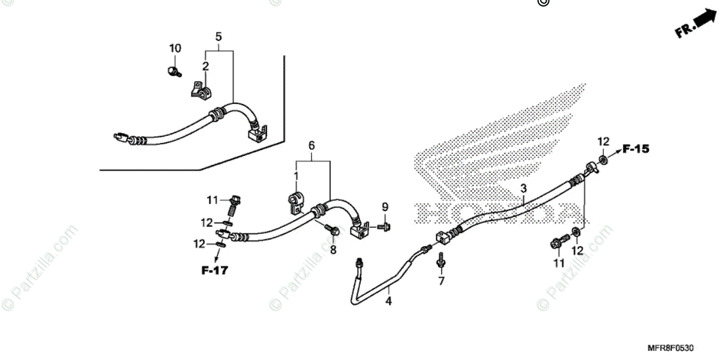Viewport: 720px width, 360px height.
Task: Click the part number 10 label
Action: coord(175,48)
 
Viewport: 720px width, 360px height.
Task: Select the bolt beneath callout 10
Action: coord(173,72)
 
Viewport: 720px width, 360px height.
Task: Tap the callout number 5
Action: coord(219,37)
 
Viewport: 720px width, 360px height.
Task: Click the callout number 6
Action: coord(312,146)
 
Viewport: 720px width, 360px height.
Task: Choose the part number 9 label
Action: coord(385,208)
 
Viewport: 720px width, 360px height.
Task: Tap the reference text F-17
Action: coord(214,271)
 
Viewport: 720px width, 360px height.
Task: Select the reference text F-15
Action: coord(635,149)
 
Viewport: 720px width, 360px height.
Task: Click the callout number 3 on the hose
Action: coord(523,188)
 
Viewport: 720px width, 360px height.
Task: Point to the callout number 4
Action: coord(388,301)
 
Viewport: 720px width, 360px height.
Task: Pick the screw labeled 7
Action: coord(440,260)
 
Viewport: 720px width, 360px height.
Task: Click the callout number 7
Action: coord(441,281)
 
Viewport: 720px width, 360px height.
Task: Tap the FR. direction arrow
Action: coord(695,25)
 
